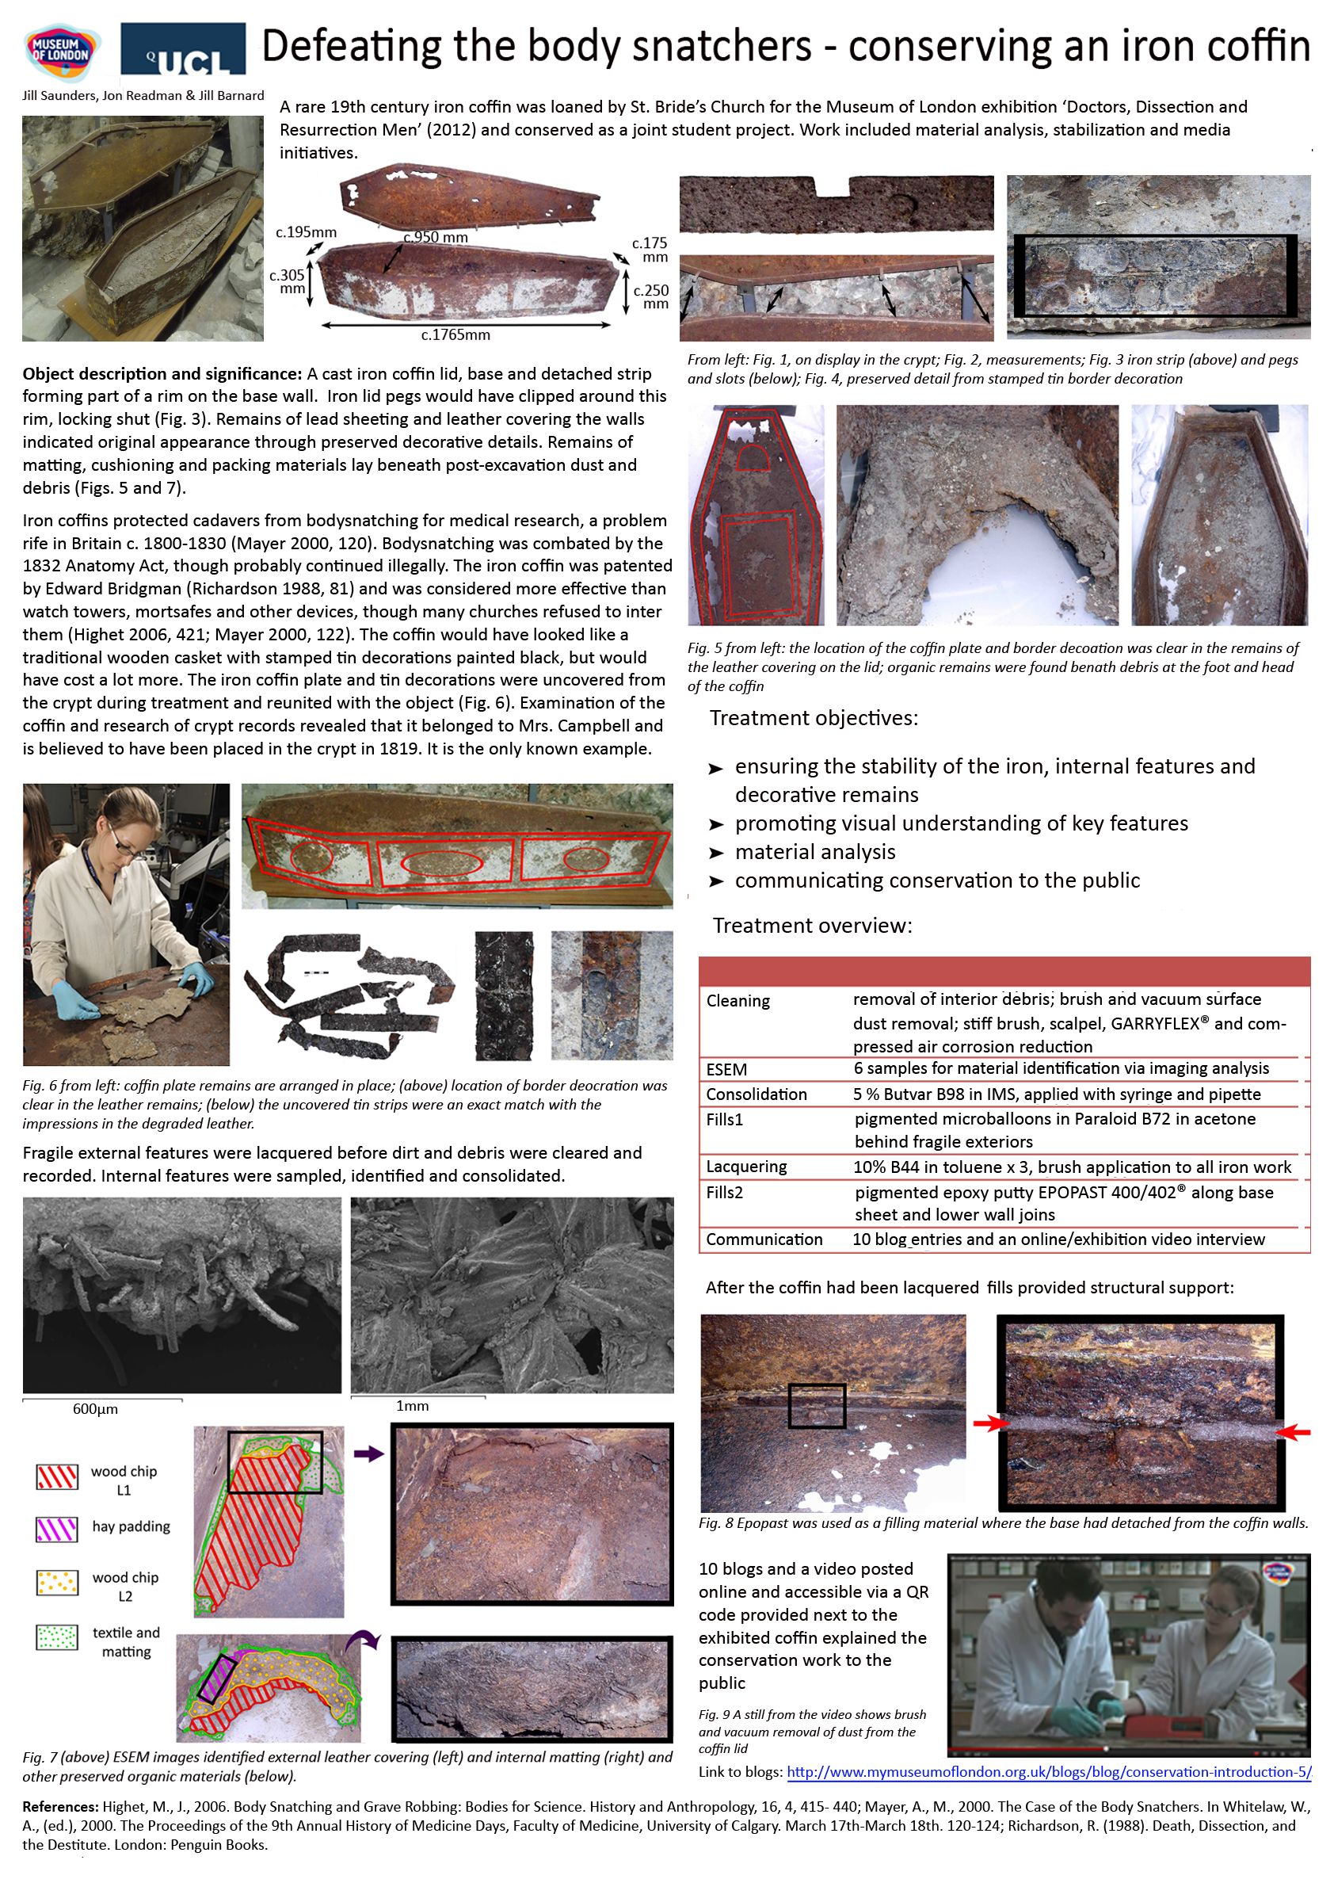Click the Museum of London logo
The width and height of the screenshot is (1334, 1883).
62,52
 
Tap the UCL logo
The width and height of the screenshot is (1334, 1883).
183,49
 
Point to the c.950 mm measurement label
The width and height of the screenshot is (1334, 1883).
436,238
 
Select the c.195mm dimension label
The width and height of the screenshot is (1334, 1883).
306,232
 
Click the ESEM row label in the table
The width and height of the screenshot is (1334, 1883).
726,1069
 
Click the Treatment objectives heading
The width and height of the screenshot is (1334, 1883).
814,718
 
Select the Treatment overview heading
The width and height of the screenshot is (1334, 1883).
812,926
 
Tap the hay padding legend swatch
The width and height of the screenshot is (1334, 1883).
57,1528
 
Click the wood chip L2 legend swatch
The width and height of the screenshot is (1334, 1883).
57,1582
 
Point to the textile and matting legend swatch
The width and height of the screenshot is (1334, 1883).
57,1637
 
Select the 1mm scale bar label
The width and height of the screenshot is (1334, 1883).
413,1406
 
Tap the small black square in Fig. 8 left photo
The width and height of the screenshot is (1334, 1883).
817,1406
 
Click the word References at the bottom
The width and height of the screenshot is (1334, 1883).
60,1807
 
